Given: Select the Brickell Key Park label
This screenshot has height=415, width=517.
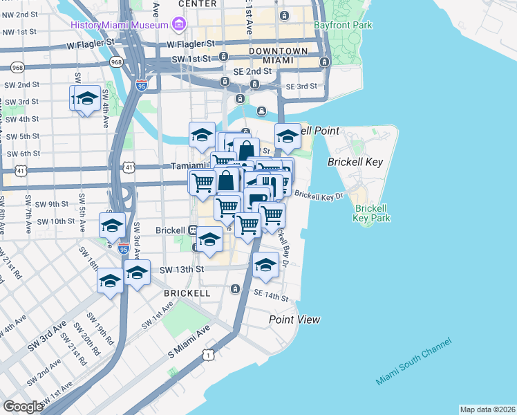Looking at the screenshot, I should click(x=373, y=213).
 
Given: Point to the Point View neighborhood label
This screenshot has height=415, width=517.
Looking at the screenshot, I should click(x=294, y=320).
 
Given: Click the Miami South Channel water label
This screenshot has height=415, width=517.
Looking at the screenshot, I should click(x=413, y=363).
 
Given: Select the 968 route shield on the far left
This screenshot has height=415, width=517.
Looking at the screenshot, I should click(x=17, y=68).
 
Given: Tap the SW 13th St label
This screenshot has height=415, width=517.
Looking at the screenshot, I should click(x=182, y=269).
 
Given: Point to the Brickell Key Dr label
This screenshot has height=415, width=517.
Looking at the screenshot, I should click(x=319, y=196).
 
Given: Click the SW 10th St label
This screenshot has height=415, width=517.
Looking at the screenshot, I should click(x=55, y=221).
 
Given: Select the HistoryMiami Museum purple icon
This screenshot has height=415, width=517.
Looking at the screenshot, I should click(x=179, y=25).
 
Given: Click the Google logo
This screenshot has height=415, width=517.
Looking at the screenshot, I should click(x=23, y=407).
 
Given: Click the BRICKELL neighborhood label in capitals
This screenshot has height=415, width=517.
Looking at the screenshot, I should click(x=187, y=293).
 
